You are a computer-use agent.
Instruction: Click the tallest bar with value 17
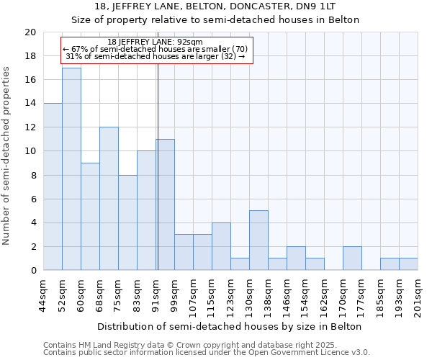coord(71,169)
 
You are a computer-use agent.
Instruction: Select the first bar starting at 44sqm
coord(53,187)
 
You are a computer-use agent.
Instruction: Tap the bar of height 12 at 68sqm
coord(109,199)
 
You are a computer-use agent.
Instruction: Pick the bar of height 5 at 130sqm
coord(258,240)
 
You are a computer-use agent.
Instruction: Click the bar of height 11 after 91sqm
coord(165,205)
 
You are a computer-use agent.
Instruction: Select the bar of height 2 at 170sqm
coord(352,258)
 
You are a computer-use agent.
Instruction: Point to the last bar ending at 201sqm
coord(408,264)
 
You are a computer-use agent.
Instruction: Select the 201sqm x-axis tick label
coord(418,297)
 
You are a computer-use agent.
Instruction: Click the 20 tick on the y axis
coord(30,32)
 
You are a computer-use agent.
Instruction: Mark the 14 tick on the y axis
coord(30,104)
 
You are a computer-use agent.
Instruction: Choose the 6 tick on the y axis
coord(32,199)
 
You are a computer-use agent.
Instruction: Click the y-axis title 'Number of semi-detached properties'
coord(7,156)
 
